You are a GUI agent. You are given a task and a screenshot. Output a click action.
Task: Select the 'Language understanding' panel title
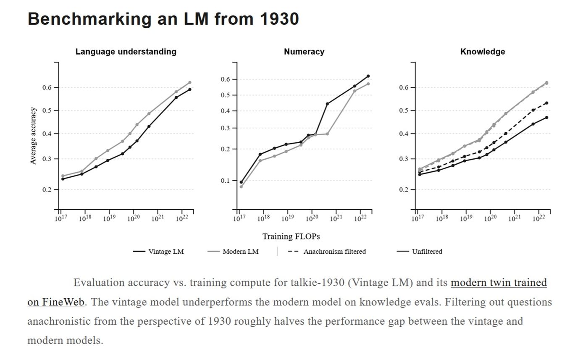click(126, 52)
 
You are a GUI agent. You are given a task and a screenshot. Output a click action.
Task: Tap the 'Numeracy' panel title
click(304, 52)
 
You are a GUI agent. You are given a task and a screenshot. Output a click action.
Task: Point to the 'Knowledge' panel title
click(483, 52)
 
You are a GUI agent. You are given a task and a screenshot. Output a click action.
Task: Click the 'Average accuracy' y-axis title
click(33, 136)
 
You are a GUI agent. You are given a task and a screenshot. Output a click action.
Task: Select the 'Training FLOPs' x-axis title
click(291, 236)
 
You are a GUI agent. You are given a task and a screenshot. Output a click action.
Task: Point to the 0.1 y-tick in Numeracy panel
click(225, 181)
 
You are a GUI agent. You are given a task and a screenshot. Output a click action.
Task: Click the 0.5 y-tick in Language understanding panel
click(47, 110)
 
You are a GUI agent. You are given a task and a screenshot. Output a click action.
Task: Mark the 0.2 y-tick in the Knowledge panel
click(404, 189)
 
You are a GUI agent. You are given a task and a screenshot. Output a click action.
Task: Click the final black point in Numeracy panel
click(368, 76)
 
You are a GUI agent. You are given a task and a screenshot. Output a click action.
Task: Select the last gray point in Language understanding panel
click(190, 82)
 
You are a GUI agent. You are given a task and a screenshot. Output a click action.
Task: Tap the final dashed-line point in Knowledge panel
click(547, 103)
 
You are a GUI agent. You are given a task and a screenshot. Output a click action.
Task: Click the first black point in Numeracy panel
click(241, 182)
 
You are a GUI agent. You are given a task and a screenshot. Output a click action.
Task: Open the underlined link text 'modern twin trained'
click(499, 283)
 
